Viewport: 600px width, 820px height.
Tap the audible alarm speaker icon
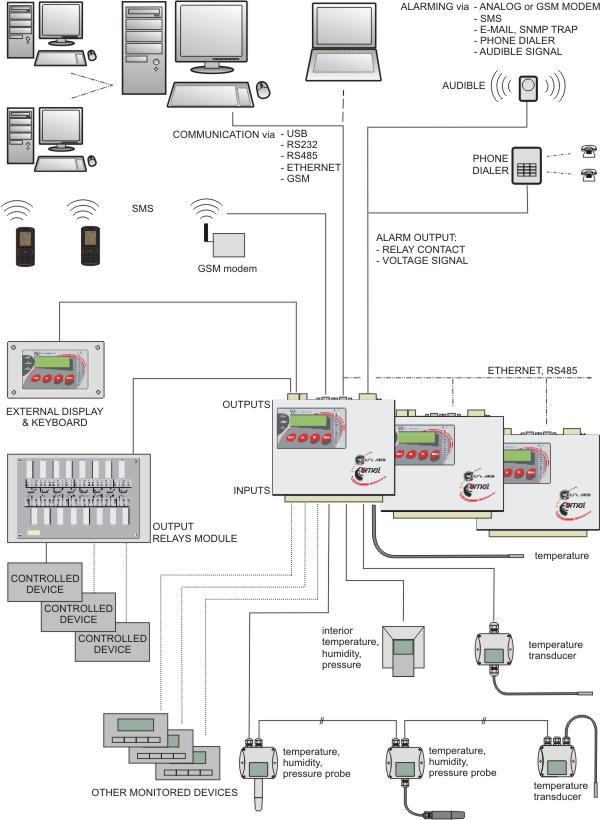[527, 90]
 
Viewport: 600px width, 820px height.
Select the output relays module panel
[78, 500]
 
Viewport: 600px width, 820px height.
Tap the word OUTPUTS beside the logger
[246, 404]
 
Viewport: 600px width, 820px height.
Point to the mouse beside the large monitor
[264, 88]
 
